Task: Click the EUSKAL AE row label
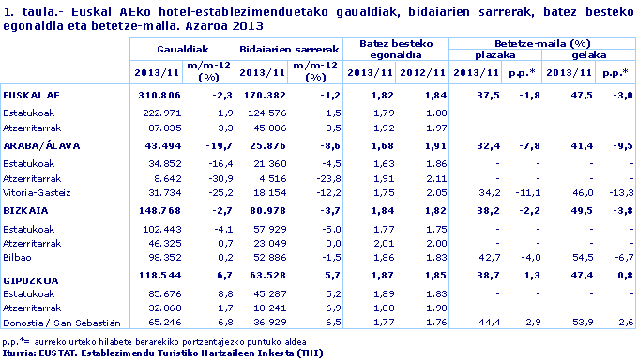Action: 32,96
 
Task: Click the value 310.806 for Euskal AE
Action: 159,96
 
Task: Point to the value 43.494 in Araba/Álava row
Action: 162,144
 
